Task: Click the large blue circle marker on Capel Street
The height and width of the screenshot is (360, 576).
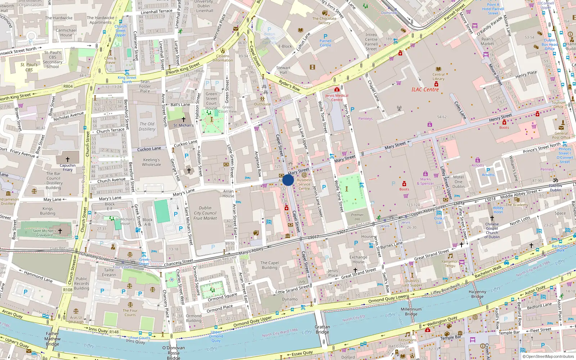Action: pos(288,180)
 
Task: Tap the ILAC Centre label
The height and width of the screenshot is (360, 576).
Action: pos(425,90)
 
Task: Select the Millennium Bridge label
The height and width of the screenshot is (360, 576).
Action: pos(411,312)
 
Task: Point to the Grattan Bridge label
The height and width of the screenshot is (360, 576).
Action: pos(322,330)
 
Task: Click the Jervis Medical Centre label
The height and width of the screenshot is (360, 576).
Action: pos(337,98)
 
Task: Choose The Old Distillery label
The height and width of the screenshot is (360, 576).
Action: pos(147,126)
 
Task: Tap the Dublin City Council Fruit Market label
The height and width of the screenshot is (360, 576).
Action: pos(205,213)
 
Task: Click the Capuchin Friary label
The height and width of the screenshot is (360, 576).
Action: pos(68,168)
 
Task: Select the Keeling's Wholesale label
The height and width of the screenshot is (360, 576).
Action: pos(152,162)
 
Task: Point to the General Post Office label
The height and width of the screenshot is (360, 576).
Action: pos(561,135)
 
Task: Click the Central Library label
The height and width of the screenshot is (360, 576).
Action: pos(438,77)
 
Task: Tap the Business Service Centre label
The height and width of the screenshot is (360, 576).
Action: pos(304,184)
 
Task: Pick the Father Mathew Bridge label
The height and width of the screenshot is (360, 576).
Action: pos(53,339)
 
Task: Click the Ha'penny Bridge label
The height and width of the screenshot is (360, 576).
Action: pos(477,294)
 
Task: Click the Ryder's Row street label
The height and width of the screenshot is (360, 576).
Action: pos(289,86)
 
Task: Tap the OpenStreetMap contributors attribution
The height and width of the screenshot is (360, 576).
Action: pos(548,357)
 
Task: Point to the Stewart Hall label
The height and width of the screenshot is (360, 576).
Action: pos(283,70)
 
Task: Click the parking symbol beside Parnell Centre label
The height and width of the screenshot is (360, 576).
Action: pos(325,36)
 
